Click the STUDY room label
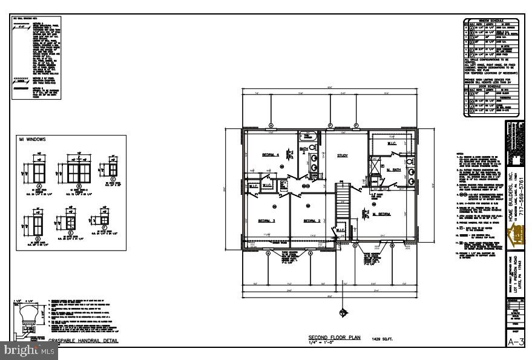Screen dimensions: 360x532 343,155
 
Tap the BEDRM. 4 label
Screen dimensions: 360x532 271,155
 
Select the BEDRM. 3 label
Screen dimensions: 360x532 266,221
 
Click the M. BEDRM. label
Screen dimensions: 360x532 383,214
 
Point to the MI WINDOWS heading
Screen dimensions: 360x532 31,140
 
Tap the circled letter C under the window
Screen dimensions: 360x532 112,180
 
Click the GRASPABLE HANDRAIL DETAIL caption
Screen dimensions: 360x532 84,341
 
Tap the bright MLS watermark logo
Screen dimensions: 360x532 21,350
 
